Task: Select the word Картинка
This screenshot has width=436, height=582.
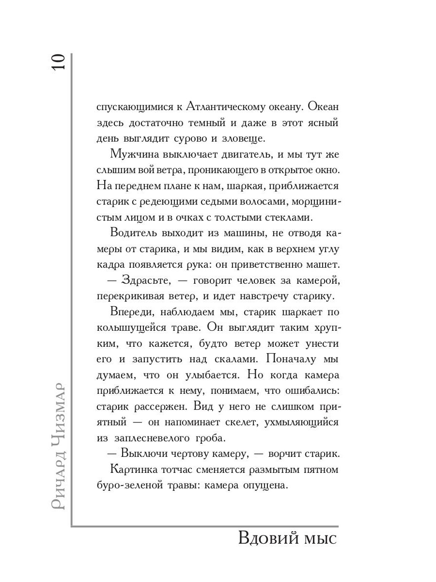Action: (133, 469)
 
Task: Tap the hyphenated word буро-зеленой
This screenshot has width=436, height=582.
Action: (128, 485)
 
